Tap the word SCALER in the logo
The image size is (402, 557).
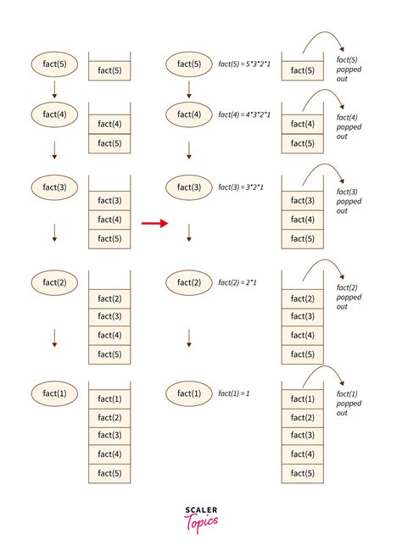[x=201, y=510]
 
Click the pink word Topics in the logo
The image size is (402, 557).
[x=202, y=521]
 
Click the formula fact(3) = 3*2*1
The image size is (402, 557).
[x=243, y=186]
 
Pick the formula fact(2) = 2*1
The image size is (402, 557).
[x=237, y=281]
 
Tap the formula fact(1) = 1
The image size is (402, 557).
[x=234, y=393]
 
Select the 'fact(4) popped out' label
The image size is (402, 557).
[x=349, y=125]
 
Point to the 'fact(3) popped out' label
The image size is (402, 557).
[x=349, y=200]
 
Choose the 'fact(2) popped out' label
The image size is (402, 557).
[x=349, y=297]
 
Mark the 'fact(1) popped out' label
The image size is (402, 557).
[x=349, y=403]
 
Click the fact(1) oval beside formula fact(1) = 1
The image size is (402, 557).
[x=189, y=393]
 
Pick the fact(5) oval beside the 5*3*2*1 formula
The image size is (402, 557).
[x=189, y=64]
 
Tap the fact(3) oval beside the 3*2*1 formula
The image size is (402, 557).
[x=189, y=187]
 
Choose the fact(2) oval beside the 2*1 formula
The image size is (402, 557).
[x=189, y=281]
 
